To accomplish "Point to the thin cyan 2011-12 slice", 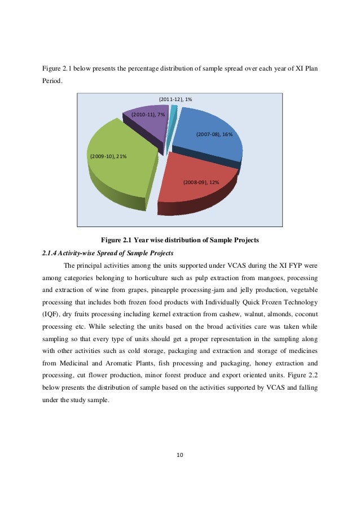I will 174,108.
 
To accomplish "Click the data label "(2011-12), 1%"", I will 175,99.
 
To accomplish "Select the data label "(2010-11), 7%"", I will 148,115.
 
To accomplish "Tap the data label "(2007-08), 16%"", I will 214,134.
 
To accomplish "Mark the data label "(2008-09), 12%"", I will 201,182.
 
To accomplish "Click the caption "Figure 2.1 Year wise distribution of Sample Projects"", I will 179,240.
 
